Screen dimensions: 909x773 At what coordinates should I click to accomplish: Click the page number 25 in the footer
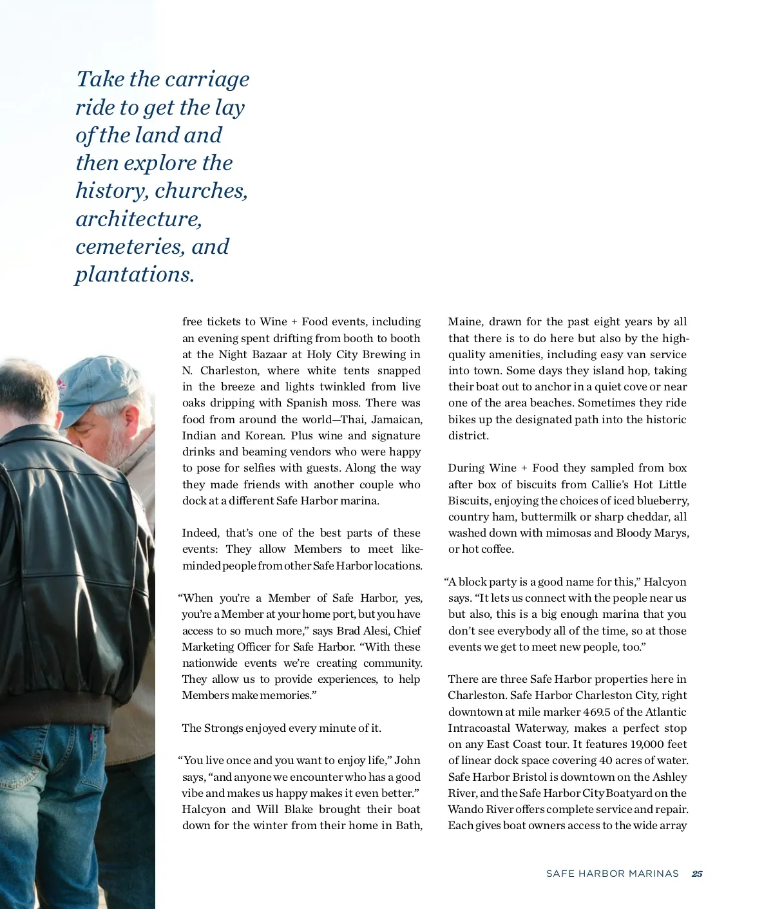[x=697, y=874]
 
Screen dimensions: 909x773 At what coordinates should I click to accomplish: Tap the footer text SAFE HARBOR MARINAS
[x=612, y=874]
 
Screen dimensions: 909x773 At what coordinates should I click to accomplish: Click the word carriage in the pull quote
[x=206, y=79]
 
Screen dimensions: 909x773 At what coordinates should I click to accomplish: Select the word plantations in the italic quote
[x=135, y=274]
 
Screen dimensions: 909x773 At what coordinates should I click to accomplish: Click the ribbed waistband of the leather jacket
[x=71, y=709]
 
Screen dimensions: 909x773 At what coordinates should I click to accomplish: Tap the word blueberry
[x=663, y=501]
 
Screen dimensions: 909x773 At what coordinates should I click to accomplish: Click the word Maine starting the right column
[x=464, y=321]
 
